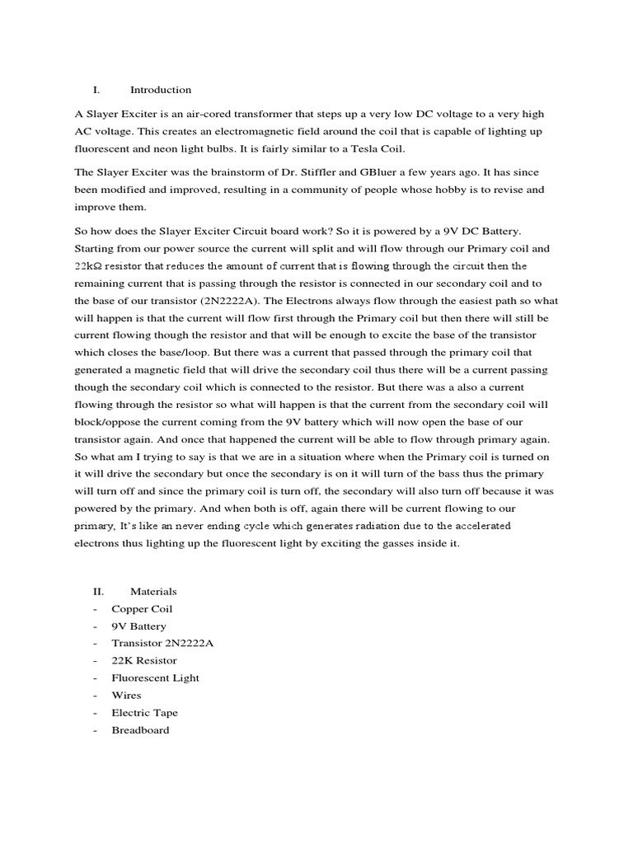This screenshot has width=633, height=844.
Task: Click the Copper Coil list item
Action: pyautogui.click(x=142, y=609)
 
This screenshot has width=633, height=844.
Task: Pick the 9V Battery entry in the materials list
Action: pyautogui.click(x=138, y=626)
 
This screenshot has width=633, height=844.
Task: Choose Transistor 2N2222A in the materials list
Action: pyautogui.click(x=162, y=643)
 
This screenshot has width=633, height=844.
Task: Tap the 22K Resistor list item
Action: pyautogui.click(x=144, y=660)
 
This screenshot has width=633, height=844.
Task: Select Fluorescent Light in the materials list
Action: pyautogui.click(x=156, y=678)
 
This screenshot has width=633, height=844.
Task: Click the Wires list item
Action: pyautogui.click(x=126, y=695)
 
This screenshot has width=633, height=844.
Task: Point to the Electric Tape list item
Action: pyautogui.click(x=144, y=712)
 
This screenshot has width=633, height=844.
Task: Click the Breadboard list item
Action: pyautogui.click(x=140, y=729)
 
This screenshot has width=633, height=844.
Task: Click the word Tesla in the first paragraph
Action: pyautogui.click(x=349, y=148)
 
